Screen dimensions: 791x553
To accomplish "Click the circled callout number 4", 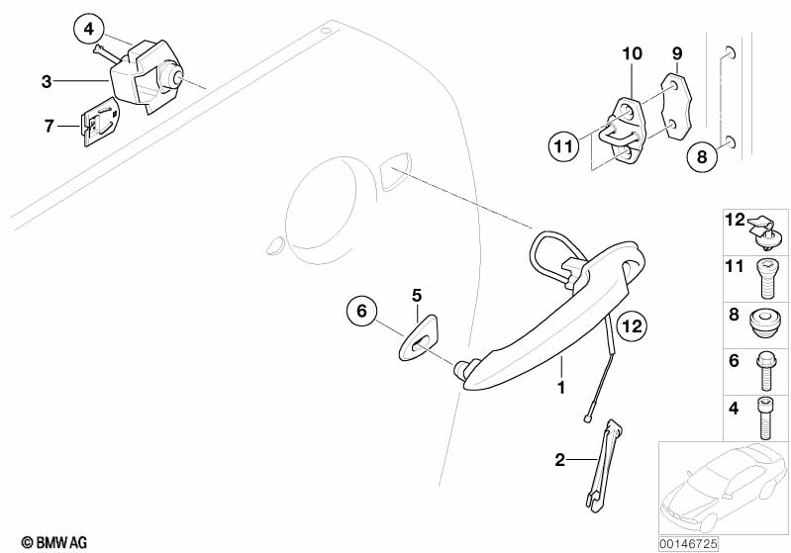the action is (x=89, y=29).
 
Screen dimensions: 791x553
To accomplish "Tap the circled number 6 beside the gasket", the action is (x=362, y=311).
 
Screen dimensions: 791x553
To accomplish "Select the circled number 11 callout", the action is (x=563, y=146).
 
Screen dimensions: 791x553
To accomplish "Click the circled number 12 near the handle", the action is (x=632, y=326).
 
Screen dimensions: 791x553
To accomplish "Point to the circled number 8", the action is (x=702, y=156).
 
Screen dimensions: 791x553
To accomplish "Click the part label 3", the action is (x=47, y=81).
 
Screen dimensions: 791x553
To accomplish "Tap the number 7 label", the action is (x=49, y=126).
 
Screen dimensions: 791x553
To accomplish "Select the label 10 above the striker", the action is (x=632, y=53).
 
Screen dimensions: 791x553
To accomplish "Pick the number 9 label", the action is (x=677, y=53).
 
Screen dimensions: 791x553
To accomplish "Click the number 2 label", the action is (x=560, y=460).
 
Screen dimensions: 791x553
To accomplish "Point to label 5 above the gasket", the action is (x=416, y=296).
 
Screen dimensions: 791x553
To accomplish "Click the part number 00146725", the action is (x=688, y=543).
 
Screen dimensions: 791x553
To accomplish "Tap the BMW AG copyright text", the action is (x=54, y=542).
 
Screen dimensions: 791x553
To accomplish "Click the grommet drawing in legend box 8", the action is (x=762, y=325).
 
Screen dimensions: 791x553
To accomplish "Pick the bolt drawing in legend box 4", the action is (x=764, y=417).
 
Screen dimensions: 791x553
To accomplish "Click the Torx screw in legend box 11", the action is (x=766, y=278).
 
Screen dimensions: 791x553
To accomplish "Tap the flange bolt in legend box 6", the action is (x=765, y=372).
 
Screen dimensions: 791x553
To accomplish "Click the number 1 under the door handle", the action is (x=560, y=387).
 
